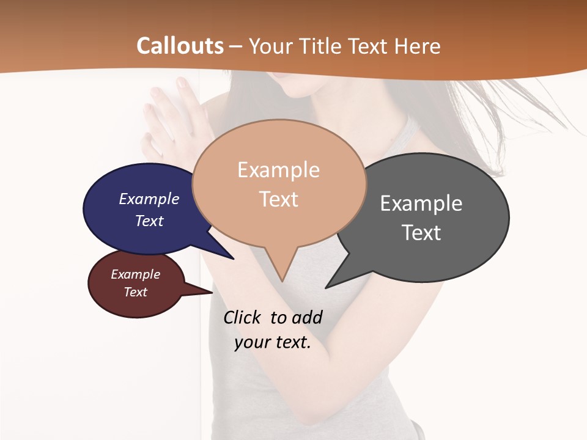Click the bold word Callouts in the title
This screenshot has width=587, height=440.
[x=180, y=46]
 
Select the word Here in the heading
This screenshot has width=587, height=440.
[x=417, y=46]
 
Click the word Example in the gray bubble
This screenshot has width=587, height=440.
[x=421, y=204]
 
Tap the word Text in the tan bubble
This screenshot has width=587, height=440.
[x=279, y=199]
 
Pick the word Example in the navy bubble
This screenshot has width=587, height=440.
[x=149, y=199]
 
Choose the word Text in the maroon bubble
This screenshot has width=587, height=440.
[x=136, y=292]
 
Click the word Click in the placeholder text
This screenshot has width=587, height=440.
[x=242, y=317]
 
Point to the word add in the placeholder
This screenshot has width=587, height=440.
[x=307, y=317]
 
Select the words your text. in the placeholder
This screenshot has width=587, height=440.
[x=273, y=342]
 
